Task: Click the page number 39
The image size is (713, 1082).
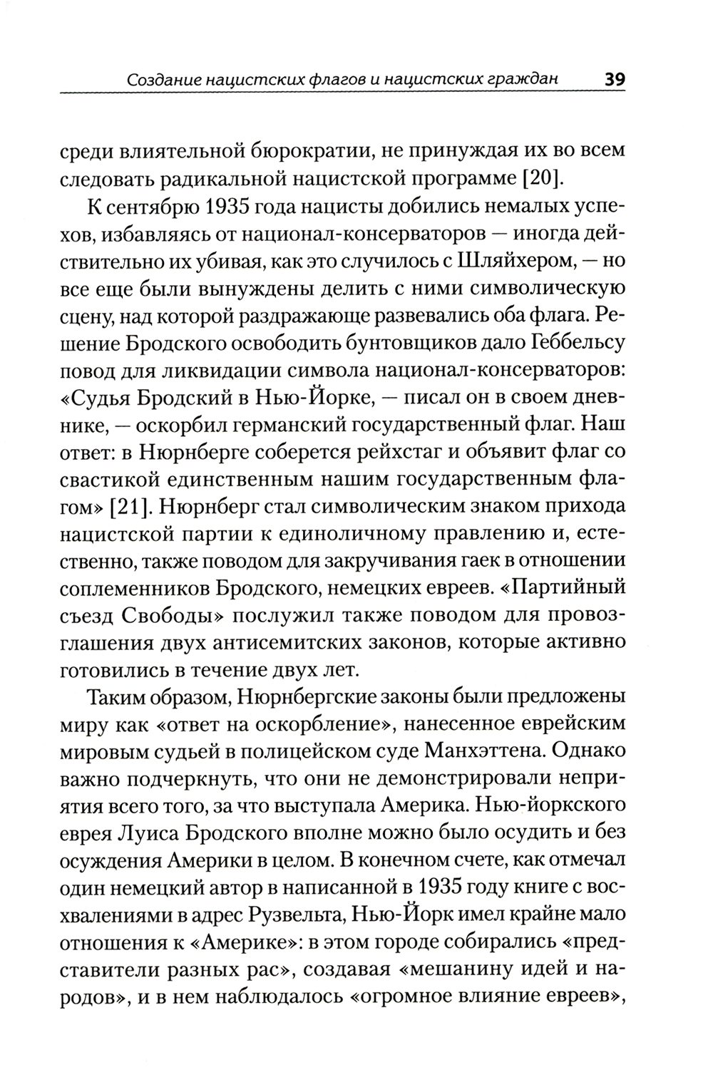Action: tap(614, 78)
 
